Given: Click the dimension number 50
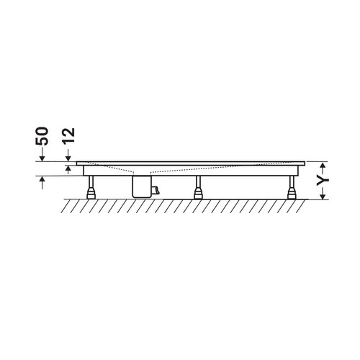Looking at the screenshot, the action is coord(42,136).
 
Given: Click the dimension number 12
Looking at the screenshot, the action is coord(69,136).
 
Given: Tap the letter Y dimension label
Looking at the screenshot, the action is coord(323,180).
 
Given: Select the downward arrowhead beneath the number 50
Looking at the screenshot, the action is coord(42,158).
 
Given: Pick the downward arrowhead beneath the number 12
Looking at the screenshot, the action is coord(68,158).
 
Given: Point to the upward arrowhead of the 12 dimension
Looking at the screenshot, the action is coord(68,168).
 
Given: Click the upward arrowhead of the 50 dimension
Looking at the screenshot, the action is coord(42,179).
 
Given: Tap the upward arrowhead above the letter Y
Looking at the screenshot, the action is coord(323,165).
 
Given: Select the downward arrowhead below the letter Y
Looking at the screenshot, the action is coord(323,196).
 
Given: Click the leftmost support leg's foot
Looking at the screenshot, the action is coord(91,194).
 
